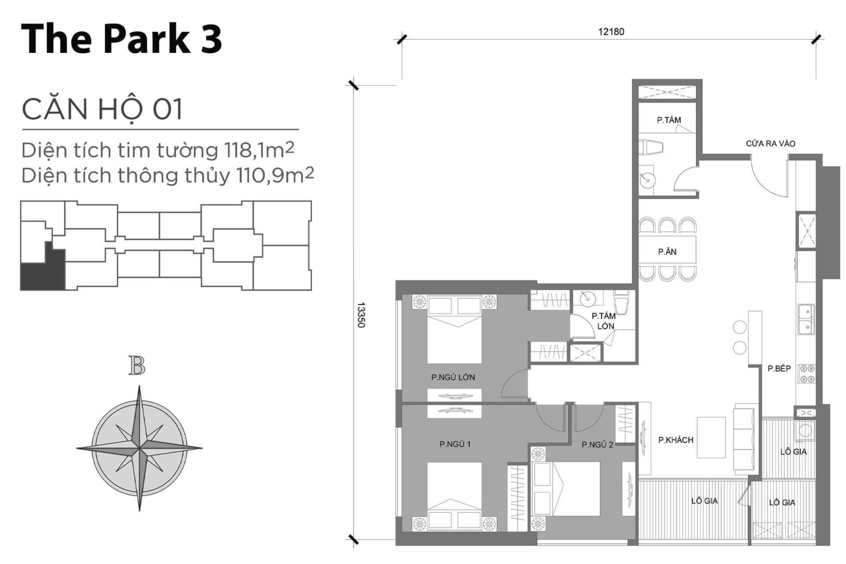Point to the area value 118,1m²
click(259, 150)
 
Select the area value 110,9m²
click(275, 175)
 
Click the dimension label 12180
click(611, 32)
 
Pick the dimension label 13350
click(361, 315)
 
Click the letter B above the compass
click(137, 367)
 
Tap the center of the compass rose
click(139, 449)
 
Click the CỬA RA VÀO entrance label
click(771, 144)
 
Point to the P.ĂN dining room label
click(667, 252)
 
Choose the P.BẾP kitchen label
click(779, 368)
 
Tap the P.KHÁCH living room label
click(676, 440)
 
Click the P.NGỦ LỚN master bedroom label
click(453, 377)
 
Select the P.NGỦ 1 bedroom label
click(455, 444)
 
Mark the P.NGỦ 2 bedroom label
click(597, 445)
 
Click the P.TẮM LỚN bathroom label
click(604, 321)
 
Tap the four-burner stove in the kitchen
click(807, 374)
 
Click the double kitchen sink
click(806, 319)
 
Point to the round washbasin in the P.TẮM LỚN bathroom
click(587, 298)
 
